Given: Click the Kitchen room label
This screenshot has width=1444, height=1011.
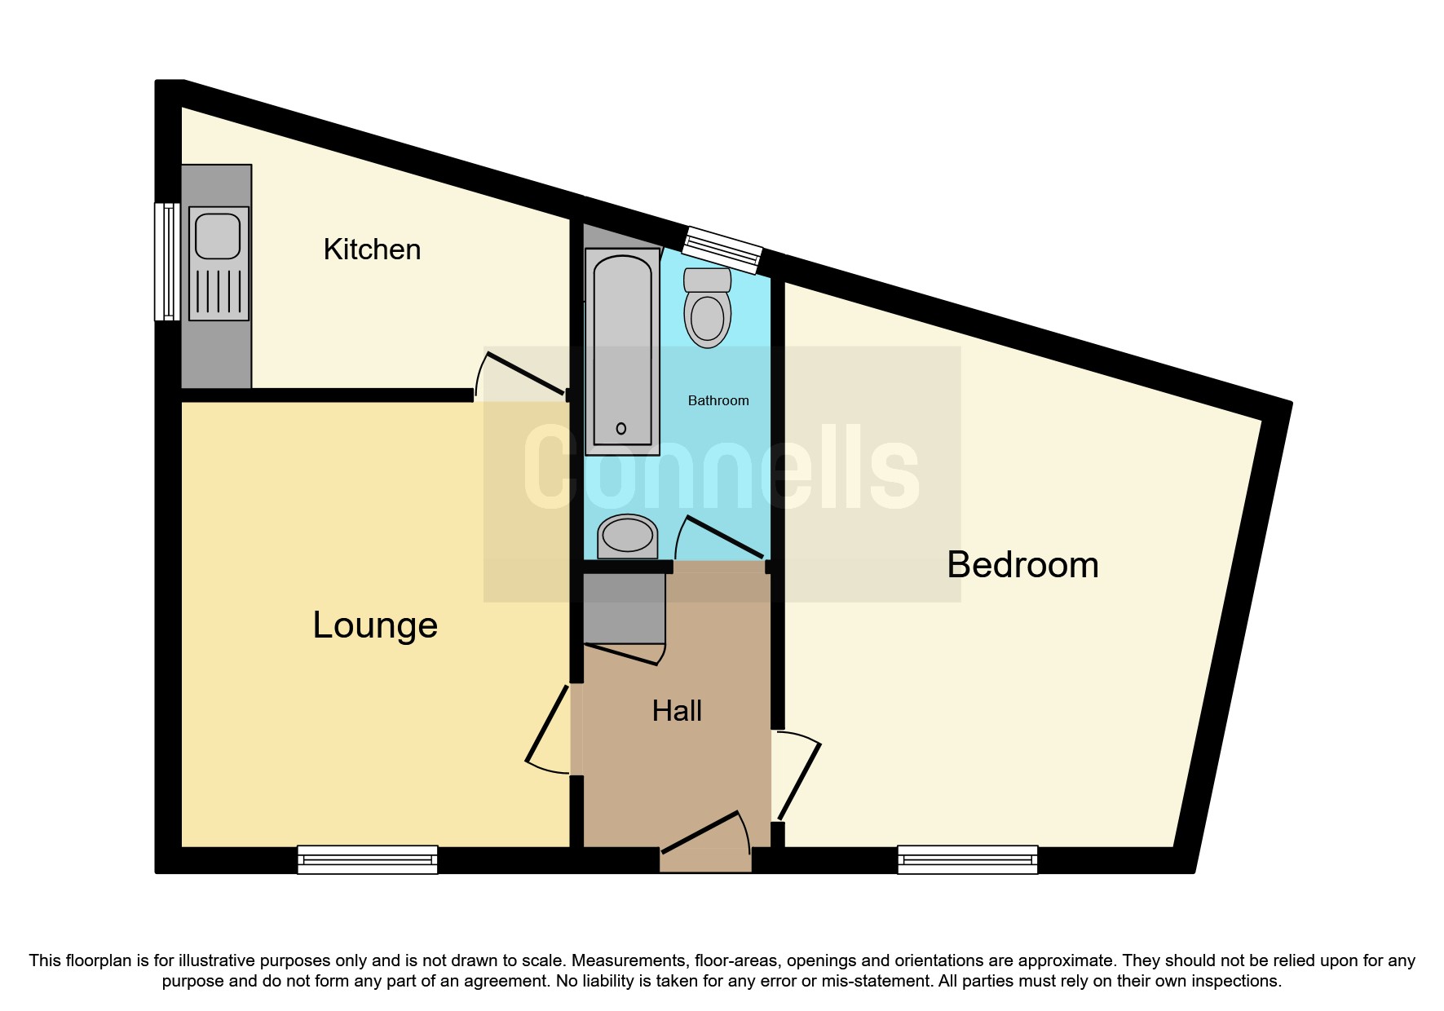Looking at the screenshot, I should (372, 249).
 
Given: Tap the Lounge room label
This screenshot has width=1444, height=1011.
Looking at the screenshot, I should (375, 625).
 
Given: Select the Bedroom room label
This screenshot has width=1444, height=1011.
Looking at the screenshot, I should (1022, 565).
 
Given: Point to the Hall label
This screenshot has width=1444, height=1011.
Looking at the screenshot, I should (677, 711).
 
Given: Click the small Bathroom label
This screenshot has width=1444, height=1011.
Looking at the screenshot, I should (718, 400).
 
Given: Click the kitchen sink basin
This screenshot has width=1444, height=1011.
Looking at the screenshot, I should (218, 236).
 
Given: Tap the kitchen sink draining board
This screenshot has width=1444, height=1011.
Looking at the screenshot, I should (219, 291).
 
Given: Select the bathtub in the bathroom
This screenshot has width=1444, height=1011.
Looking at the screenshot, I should (622, 351).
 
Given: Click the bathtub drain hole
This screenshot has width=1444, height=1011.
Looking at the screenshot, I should (621, 429).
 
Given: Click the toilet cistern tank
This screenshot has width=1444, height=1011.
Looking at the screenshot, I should (707, 280).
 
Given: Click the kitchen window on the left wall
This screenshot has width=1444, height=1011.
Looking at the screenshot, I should (167, 262).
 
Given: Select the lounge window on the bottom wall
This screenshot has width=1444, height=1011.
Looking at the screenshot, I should (367, 859).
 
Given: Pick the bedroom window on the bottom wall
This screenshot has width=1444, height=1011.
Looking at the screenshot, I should (967, 859).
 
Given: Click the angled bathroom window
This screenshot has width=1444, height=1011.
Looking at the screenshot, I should (722, 250).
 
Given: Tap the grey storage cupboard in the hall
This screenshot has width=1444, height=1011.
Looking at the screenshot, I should (625, 609).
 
